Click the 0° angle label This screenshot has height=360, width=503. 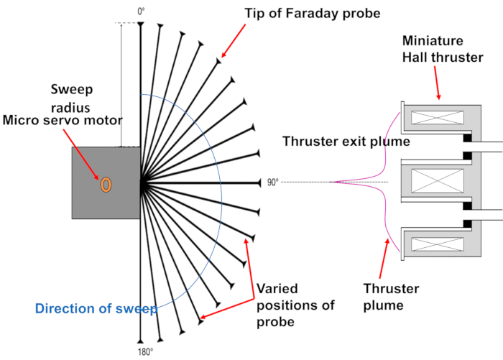point(141,11)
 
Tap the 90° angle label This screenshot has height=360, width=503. point(273,183)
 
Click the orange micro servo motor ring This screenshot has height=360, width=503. point(106,184)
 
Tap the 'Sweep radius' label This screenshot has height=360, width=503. point(72,98)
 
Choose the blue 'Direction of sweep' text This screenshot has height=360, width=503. point(96,309)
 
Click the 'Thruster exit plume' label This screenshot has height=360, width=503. point(346,142)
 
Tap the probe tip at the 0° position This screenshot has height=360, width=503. point(141,24)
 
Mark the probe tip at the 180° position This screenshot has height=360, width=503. point(141,341)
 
